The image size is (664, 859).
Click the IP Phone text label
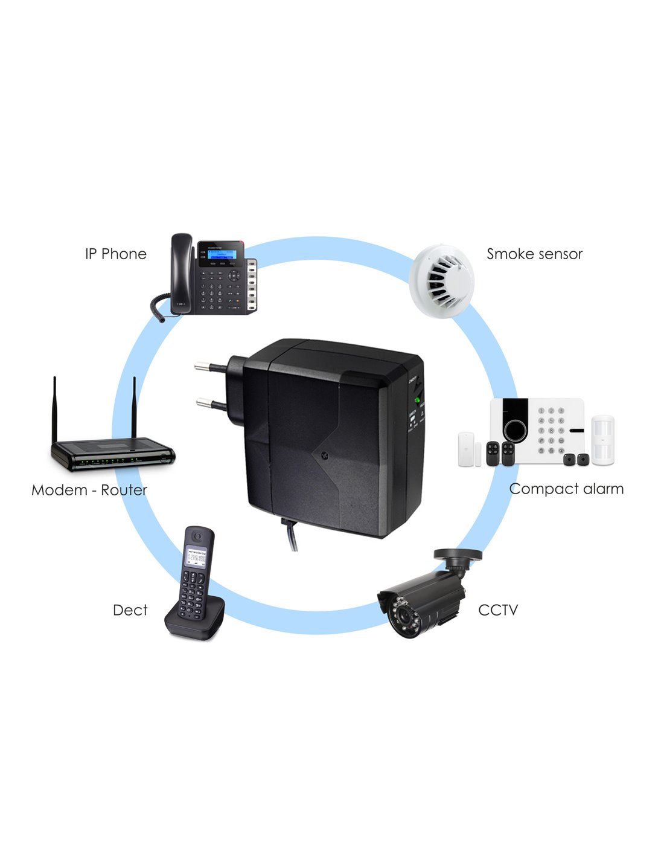click(116, 254)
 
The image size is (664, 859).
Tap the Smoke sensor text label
click(534, 254)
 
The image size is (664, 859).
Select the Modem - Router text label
click(89, 490)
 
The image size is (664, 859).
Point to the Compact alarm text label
click(566, 489)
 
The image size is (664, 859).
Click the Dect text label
click(130, 610)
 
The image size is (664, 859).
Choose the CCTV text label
click(498, 610)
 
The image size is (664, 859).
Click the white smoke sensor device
click(442, 280)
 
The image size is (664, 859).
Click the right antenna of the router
click(134, 408)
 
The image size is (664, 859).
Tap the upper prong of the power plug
click(209, 365)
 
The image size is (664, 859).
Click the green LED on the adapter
click(417, 399)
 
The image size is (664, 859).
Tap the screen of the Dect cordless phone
click(196, 555)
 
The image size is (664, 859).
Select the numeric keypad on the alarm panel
click(551, 430)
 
